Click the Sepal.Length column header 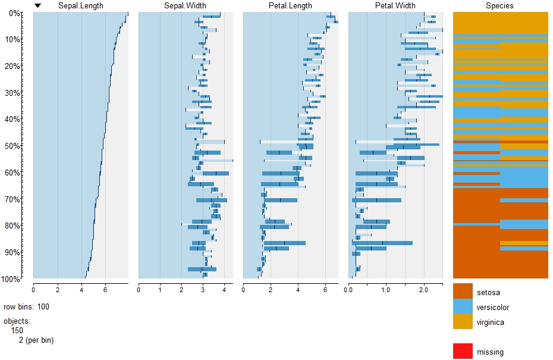tap(80, 6)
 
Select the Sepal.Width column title tap(185, 6)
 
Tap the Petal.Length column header tap(290, 6)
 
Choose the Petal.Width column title tap(395, 6)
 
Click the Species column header tap(499, 6)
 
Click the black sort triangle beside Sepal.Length tap(38, 6)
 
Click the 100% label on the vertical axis tap(11, 278)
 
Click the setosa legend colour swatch tap(463, 292)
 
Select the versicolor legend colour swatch tap(463, 307)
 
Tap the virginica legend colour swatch tap(463, 322)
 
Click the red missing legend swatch tap(463, 351)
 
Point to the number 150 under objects tap(17, 330)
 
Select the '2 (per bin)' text tap(36, 340)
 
